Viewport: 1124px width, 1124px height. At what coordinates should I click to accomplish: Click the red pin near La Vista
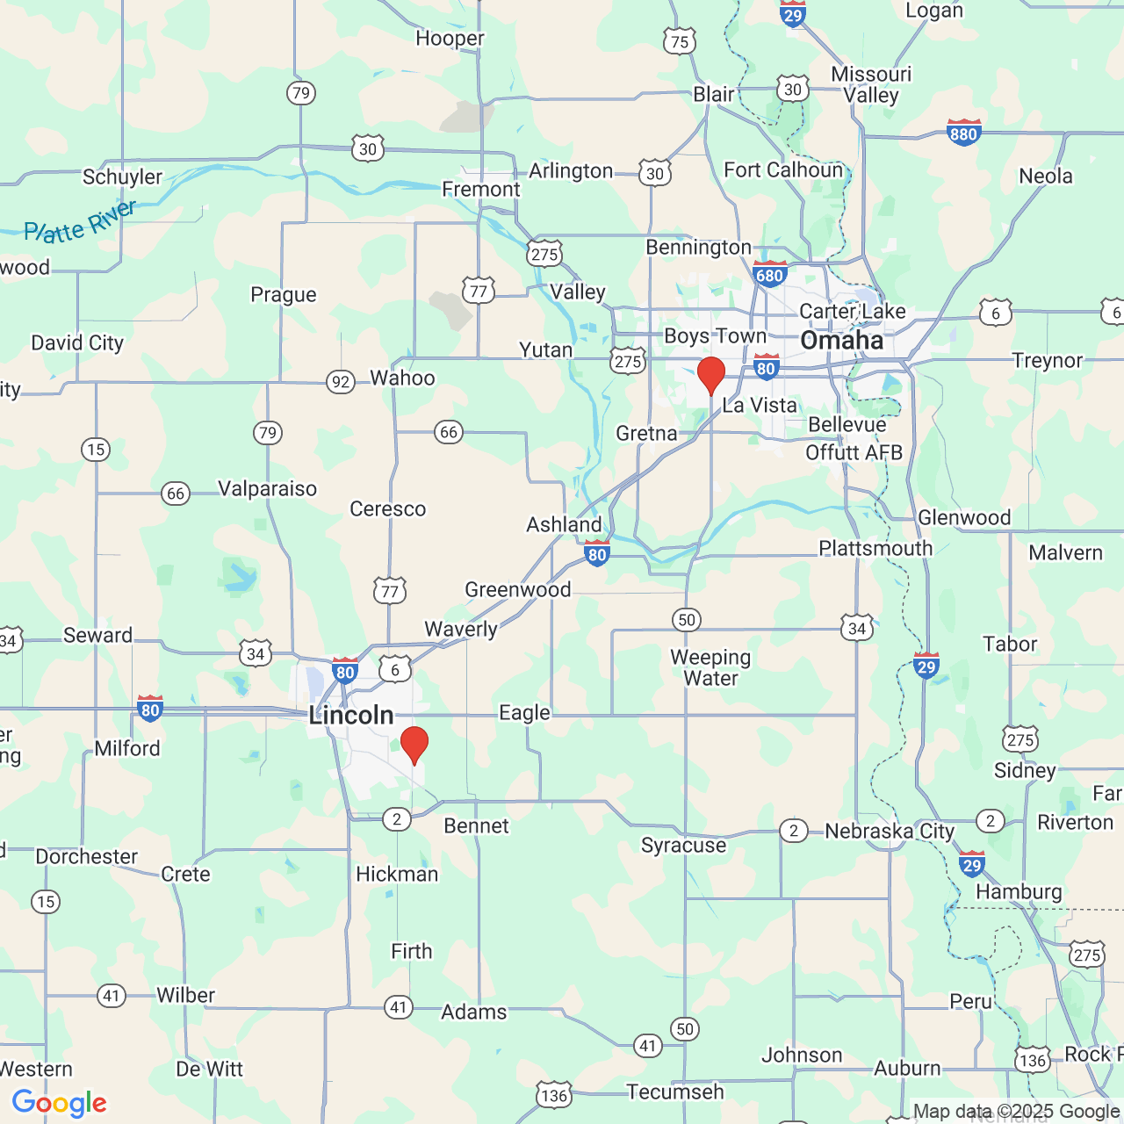[x=710, y=375]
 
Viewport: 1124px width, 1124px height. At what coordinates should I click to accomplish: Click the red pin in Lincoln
[x=414, y=745]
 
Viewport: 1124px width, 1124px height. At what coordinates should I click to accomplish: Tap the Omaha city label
[x=841, y=341]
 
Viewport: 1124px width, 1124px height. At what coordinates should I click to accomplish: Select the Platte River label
[x=80, y=222]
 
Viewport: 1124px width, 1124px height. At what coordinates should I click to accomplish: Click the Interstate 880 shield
[x=963, y=133]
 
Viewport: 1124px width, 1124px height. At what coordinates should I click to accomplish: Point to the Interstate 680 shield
[x=769, y=274]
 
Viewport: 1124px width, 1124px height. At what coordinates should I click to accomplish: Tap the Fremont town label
[x=481, y=190]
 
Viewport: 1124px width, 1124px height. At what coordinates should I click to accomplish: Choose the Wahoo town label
[x=402, y=378]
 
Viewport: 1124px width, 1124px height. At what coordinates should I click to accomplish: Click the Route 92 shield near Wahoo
[x=341, y=382]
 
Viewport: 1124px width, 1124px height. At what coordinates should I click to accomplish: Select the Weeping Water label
[x=710, y=667]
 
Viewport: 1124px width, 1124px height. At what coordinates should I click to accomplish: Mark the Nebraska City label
[x=889, y=831]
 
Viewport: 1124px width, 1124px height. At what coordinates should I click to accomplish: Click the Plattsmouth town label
[x=875, y=548]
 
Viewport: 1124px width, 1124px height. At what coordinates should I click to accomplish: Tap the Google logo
[x=60, y=1103]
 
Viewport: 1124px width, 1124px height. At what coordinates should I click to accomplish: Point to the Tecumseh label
[x=674, y=1092]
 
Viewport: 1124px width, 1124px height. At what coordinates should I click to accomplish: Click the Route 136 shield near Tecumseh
[x=554, y=1095]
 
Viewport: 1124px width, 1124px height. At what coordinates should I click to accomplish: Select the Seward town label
[x=97, y=635]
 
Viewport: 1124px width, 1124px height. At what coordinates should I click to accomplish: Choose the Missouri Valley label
[x=871, y=84]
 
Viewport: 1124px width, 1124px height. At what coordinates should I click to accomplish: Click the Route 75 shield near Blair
[x=680, y=41]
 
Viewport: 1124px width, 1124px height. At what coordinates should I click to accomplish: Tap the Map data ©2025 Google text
[x=1016, y=1111]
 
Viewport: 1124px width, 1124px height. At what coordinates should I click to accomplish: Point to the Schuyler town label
[x=122, y=177]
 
